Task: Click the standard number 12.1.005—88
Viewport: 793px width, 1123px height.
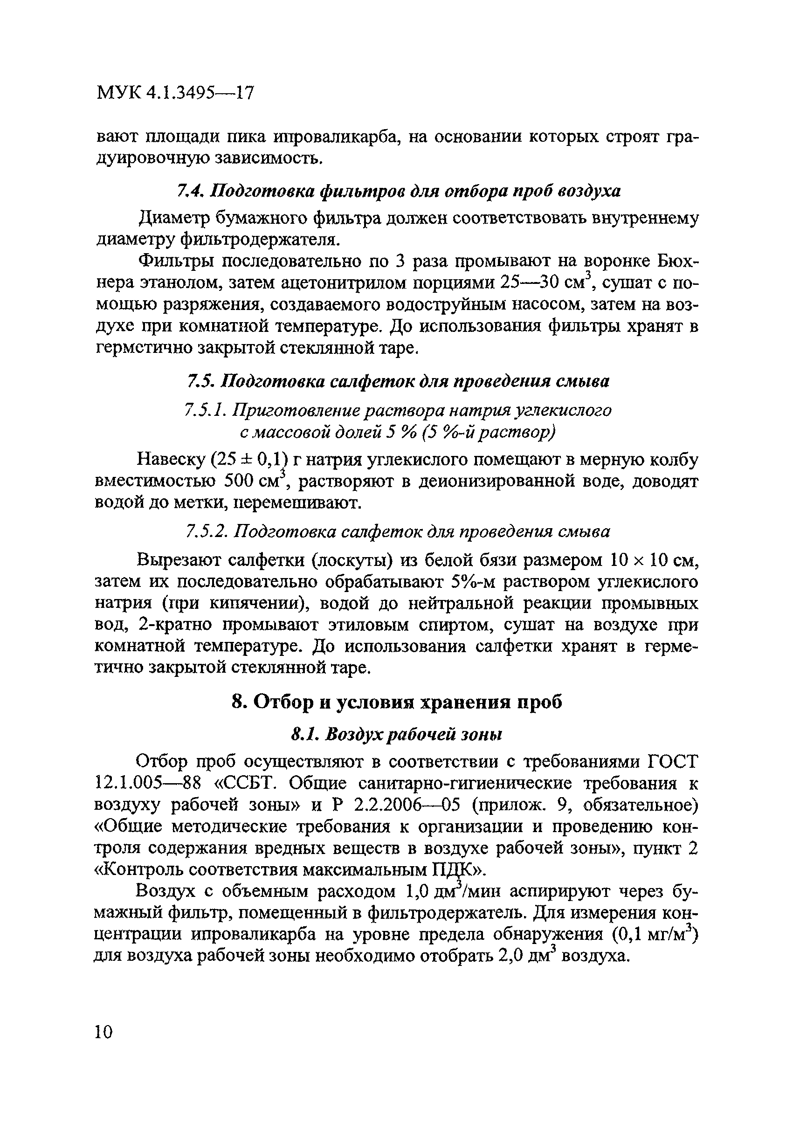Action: pyautogui.click(x=148, y=784)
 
